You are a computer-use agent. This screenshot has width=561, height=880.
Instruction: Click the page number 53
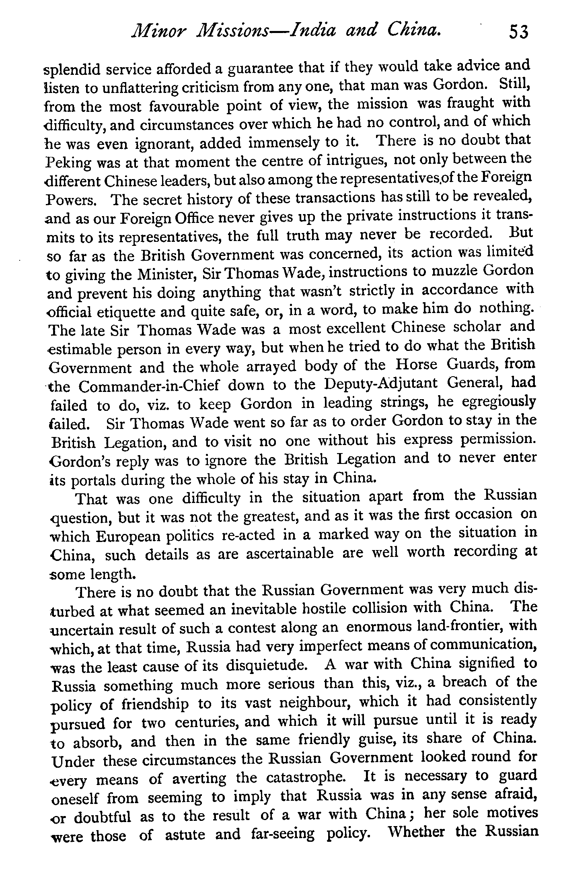(x=518, y=31)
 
